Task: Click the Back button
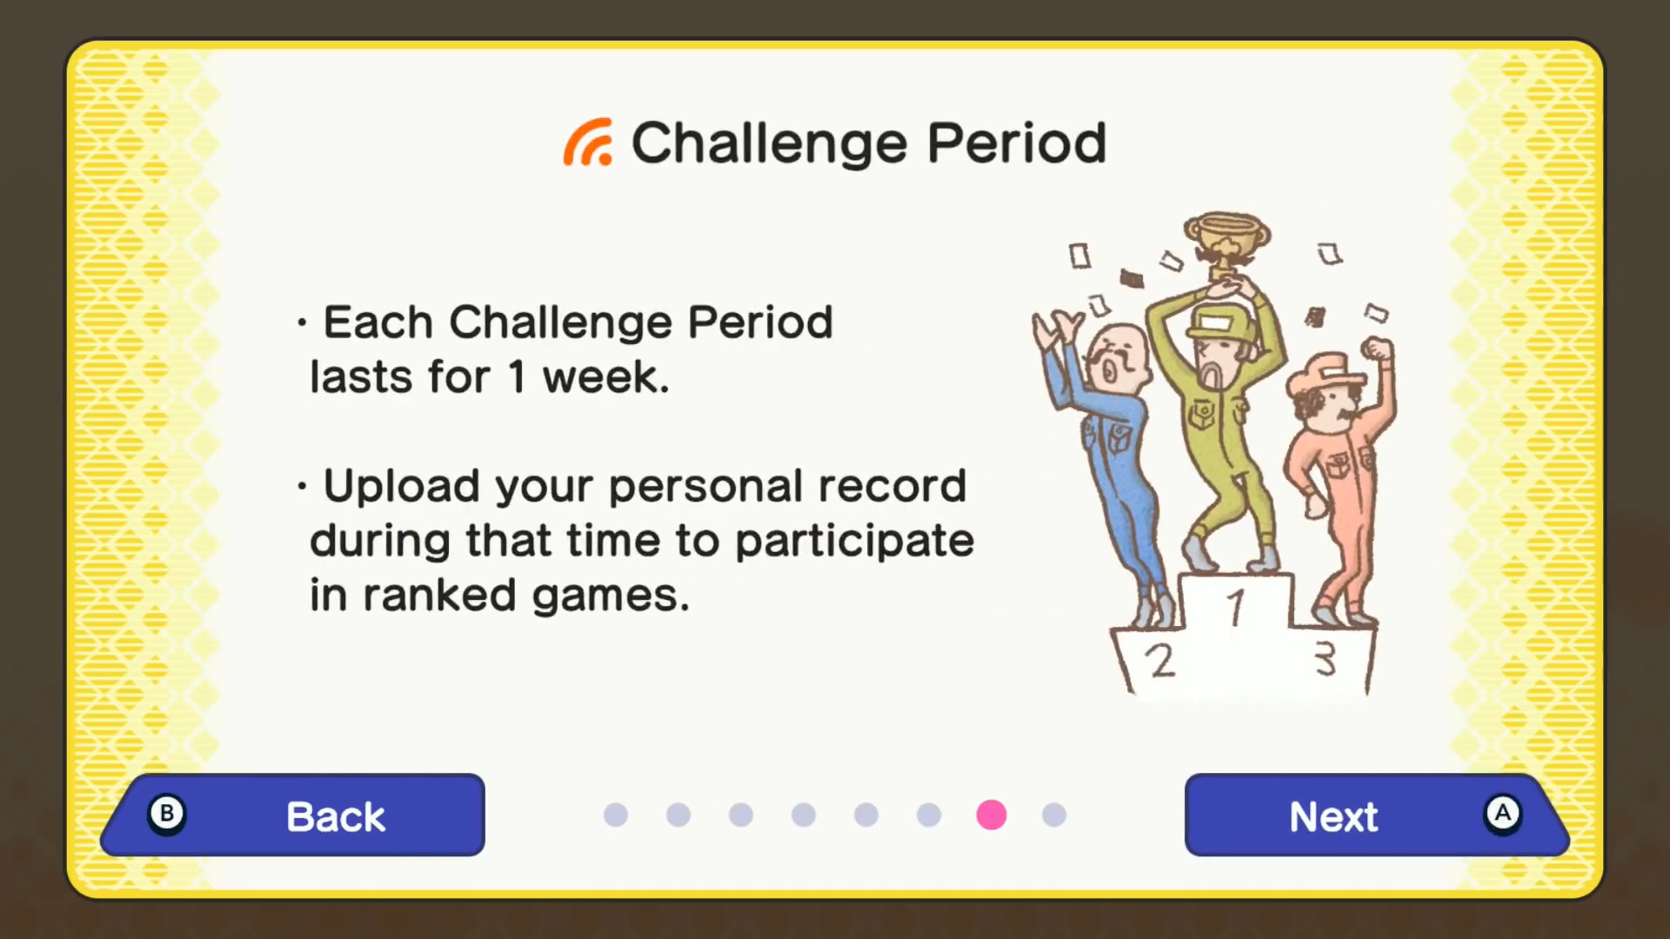pyautogui.click(x=293, y=815)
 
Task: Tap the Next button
pyautogui.click(x=1377, y=815)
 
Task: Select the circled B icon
pyautogui.click(x=166, y=814)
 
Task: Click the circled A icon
pyautogui.click(x=1502, y=814)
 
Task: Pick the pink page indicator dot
pyautogui.click(x=992, y=815)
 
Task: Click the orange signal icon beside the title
pyautogui.click(x=588, y=142)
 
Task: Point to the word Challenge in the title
pyautogui.click(x=770, y=144)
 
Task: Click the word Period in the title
pyautogui.click(x=1017, y=143)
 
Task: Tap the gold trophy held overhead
pyautogui.click(x=1226, y=244)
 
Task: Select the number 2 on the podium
pyautogui.click(x=1160, y=662)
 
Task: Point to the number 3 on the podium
pyautogui.click(x=1325, y=659)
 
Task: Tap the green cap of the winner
pyautogui.click(x=1222, y=323)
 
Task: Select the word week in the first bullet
pyautogui.click(x=605, y=377)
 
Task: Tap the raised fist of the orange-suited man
pyautogui.click(x=1377, y=350)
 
